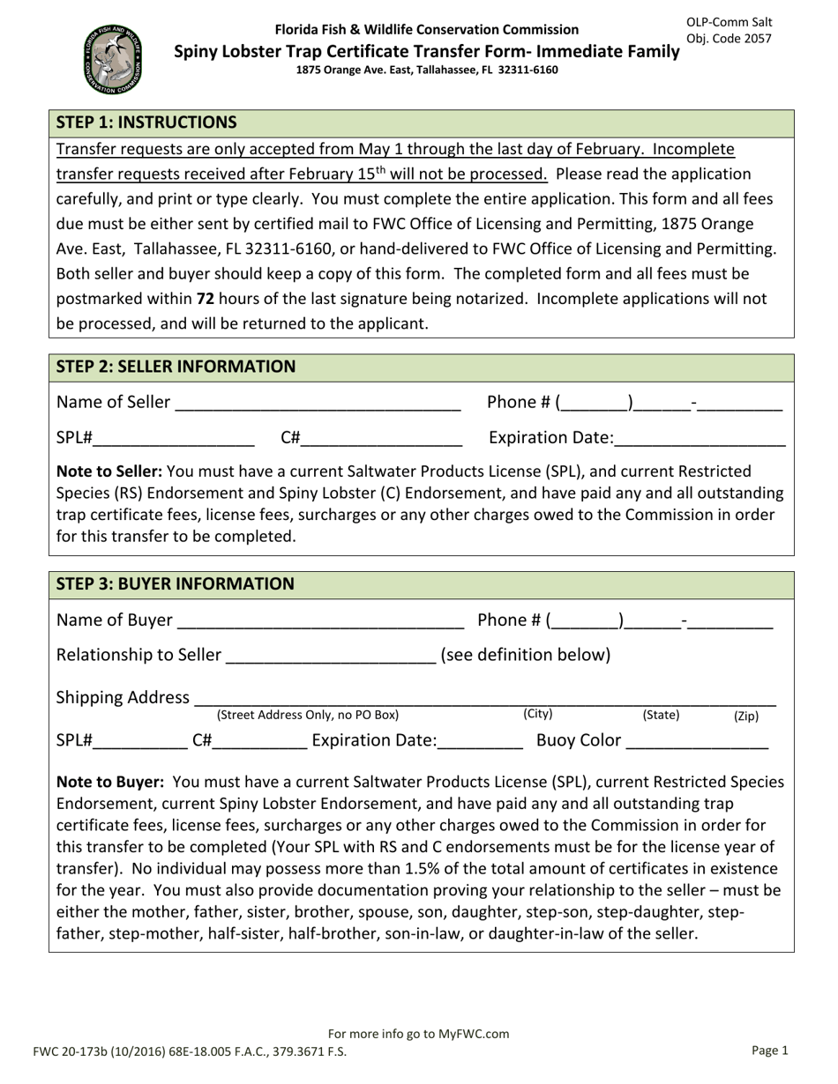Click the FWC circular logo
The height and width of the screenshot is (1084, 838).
click(x=112, y=59)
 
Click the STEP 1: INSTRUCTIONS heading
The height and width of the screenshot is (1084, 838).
click(x=146, y=123)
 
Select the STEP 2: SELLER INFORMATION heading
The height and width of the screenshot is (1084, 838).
click(x=176, y=367)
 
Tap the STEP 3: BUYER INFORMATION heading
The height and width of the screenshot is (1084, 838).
click(x=176, y=584)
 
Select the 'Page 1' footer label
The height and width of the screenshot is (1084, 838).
click(x=769, y=1051)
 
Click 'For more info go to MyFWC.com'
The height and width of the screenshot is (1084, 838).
click(x=418, y=1034)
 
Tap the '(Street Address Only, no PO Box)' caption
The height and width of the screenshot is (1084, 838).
click(x=308, y=715)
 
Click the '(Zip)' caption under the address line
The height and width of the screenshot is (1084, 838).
click(x=745, y=716)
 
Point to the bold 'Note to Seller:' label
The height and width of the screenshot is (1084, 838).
click(x=109, y=471)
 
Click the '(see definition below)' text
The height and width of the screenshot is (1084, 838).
click(x=525, y=655)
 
